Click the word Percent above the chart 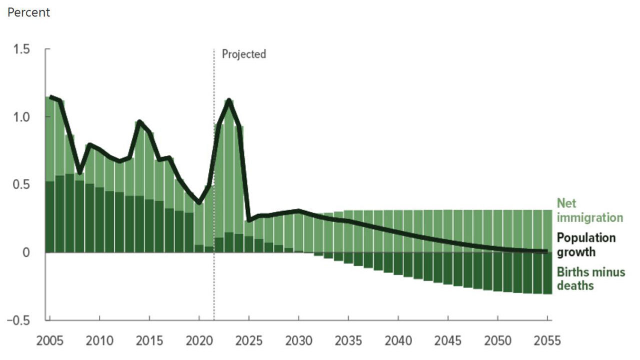pyautogui.click(x=28, y=12)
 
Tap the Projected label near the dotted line pyautogui.click(x=244, y=54)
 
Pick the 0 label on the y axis pyautogui.click(x=25, y=253)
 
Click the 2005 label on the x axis pyautogui.click(x=50, y=341)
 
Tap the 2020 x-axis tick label pyautogui.click(x=199, y=341)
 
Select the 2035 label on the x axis pyautogui.click(x=348, y=341)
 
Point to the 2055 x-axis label pyautogui.click(x=547, y=341)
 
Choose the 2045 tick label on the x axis pyautogui.click(x=448, y=341)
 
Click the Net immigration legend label pyautogui.click(x=590, y=210)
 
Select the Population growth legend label pyautogui.click(x=586, y=245)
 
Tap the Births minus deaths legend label pyautogui.click(x=591, y=279)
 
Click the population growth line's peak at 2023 pyautogui.click(x=229, y=100)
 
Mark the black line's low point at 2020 pyautogui.click(x=199, y=203)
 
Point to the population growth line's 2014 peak pyautogui.click(x=139, y=121)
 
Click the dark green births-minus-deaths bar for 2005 pyautogui.click(x=50, y=217)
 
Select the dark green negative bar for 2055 pyautogui.click(x=547, y=273)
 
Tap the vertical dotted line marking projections pyautogui.click(x=214, y=200)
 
